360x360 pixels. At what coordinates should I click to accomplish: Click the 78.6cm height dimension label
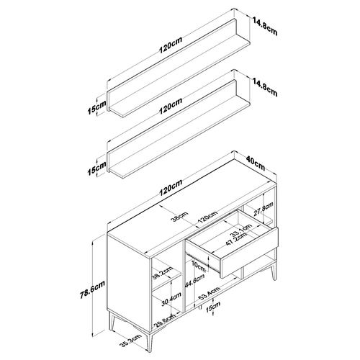(x=92, y=289)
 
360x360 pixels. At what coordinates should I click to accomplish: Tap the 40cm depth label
(x=256, y=163)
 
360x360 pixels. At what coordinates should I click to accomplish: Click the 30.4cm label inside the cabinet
(x=171, y=299)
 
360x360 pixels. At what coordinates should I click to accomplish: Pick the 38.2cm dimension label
(x=163, y=273)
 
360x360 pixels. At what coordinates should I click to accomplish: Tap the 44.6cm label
(x=194, y=281)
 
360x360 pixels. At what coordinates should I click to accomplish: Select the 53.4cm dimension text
(x=210, y=294)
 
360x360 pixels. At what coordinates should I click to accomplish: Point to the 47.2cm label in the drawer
(x=236, y=239)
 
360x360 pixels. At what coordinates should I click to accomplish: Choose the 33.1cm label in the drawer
(x=240, y=230)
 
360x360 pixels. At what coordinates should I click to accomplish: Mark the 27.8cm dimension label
(x=264, y=209)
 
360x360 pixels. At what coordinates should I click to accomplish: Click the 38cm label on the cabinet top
(x=181, y=217)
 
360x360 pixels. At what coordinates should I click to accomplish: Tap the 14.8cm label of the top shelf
(x=265, y=26)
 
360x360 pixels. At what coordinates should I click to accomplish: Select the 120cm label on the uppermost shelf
(x=171, y=45)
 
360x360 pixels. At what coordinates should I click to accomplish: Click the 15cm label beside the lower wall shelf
(x=96, y=168)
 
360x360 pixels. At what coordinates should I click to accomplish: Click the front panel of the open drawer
(x=249, y=253)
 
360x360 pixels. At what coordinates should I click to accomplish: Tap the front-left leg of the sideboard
(x=149, y=341)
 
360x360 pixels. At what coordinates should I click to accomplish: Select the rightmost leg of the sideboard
(x=273, y=273)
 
